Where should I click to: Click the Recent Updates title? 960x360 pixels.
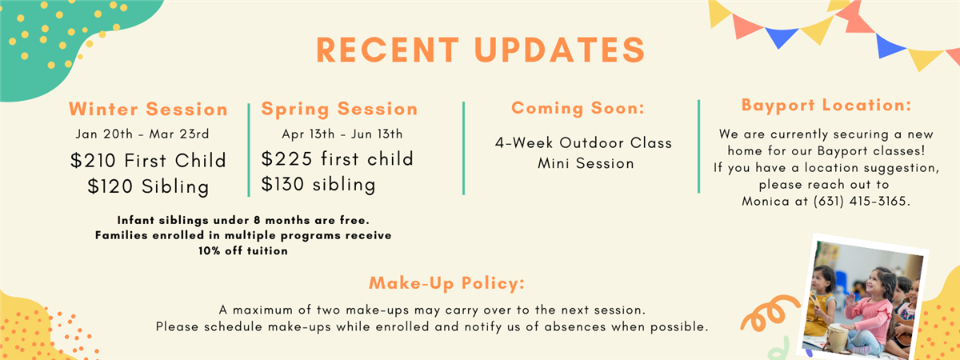tap(481, 50)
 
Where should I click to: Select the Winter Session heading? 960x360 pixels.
tap(148, 109)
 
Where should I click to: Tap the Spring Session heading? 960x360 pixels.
tap(339, 110)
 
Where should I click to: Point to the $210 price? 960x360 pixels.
tap(93, 161)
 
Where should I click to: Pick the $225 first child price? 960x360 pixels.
tap(338, 159)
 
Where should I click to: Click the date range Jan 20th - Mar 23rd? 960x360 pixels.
tap(142, 134)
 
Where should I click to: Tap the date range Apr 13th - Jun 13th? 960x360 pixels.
tap(342, 134)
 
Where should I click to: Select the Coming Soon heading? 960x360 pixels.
tap(578, 108)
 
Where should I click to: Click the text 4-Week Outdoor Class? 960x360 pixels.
tap(583, 142)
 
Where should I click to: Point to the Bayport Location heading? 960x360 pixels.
tap(826, 106)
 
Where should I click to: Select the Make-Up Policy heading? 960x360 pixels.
tap(446, 283)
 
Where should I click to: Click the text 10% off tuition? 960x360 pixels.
tap(243, 250)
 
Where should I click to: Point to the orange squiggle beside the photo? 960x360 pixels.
tap(769, 313)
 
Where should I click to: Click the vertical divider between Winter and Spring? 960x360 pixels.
tap(249, 150)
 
